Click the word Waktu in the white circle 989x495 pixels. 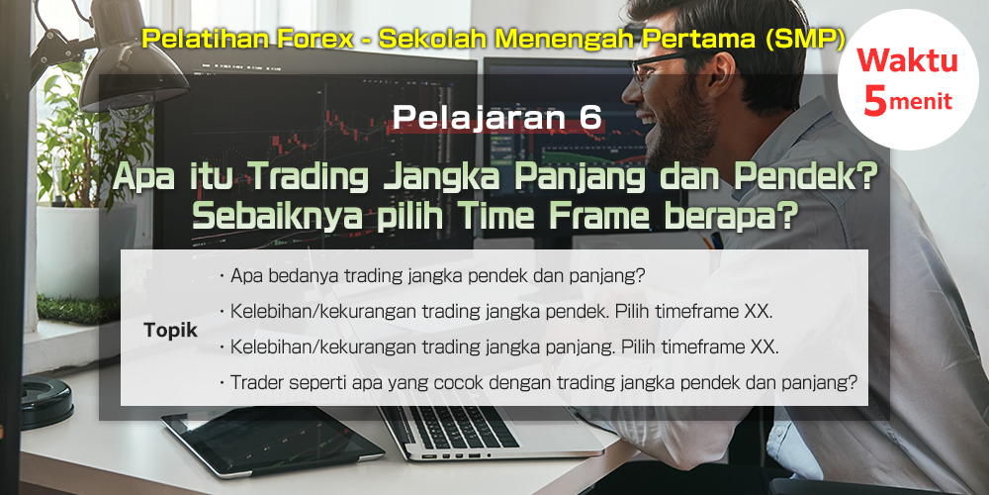[x=907, y=61]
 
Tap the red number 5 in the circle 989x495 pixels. [x=875, y=101]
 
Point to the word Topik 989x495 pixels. [x=170, y=331]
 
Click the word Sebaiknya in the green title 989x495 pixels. [x=278, y=218]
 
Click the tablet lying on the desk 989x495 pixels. [x=271, y=441]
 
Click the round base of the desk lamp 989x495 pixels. [x=47, y=403]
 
